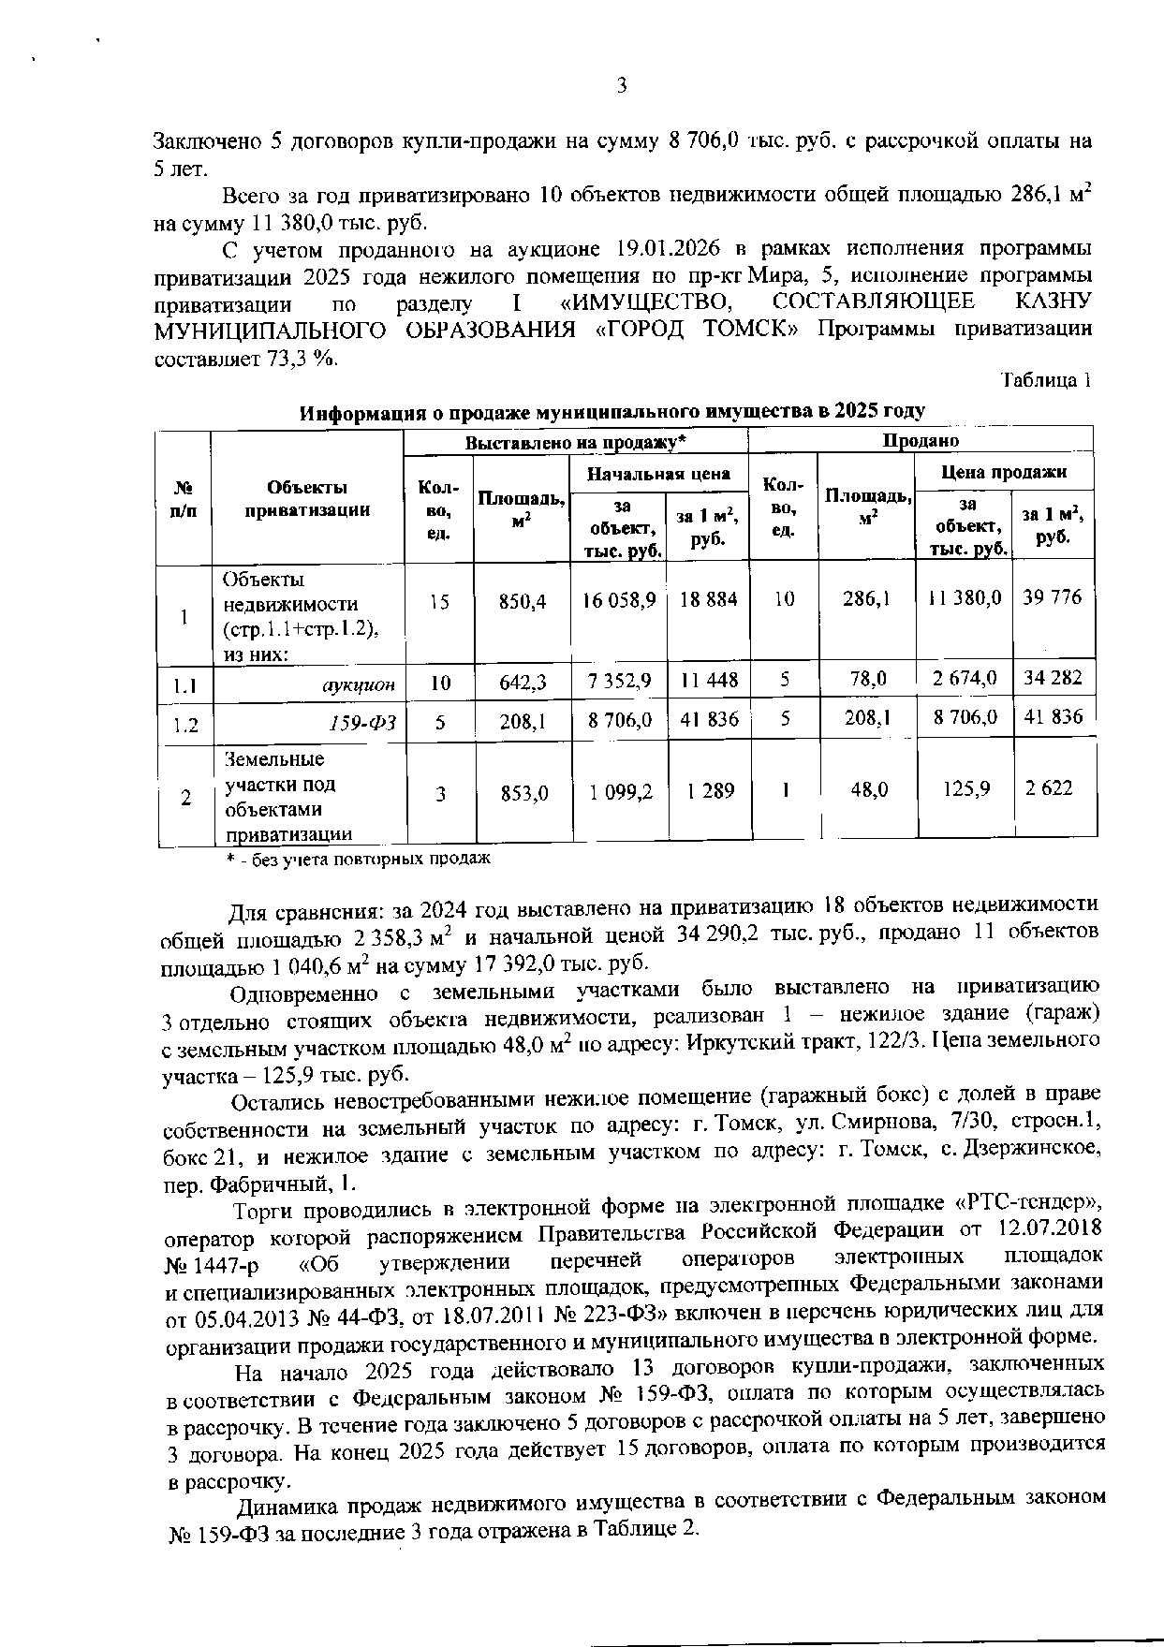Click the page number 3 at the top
(x=621, y=87)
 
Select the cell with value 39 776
(x=1053, y=596)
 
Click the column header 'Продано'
(x=921, y=440)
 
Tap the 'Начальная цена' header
(x=658, y=474)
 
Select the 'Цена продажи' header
(x=1004, y=472)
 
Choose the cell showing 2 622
(x=1048, y=788)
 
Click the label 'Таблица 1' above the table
(x=1046, y=381)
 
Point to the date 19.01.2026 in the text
(x=667, y=250)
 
